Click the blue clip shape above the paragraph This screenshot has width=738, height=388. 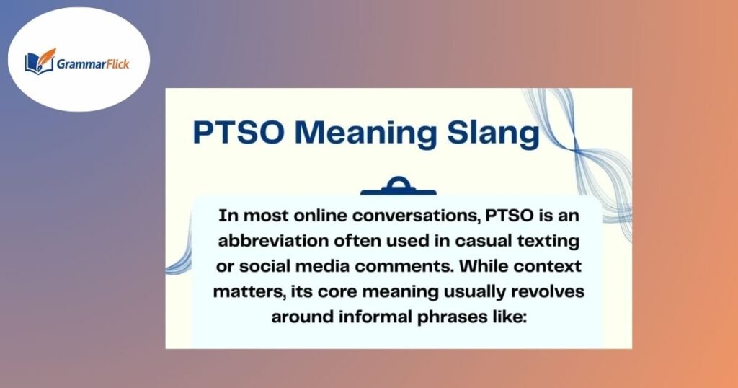point(398,188)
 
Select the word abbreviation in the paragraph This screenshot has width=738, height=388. point(276,238)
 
